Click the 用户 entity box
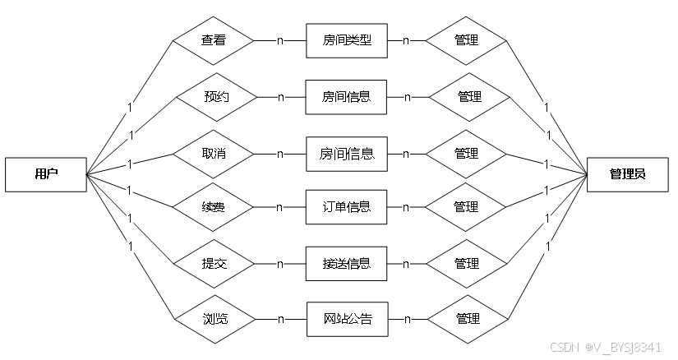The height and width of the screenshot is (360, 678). [x=46, y=173]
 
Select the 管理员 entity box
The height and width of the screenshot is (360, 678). [x=627, y=173]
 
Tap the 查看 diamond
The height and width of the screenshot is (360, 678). [x=214, y=39]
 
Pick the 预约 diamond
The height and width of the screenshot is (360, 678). [x=216, y=96]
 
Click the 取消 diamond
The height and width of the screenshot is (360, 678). [x=214, y=154]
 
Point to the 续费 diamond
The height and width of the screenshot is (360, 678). [x=214, y=206]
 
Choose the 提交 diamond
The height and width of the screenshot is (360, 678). [x=214, y=264]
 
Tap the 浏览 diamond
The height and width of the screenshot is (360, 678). [x=214, y=318]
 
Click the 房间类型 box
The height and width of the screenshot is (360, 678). [x=346, y=39]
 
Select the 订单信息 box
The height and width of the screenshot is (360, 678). [x=346, y=206]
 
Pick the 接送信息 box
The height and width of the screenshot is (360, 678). [x=346, y=264]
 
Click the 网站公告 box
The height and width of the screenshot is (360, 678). [x=346, y=318]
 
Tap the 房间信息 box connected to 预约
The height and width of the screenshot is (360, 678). [x=346, y=96]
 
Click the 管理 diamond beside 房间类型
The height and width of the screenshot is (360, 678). [x=466, y=39]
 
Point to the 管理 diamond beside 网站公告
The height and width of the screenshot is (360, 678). [x=466, y=318]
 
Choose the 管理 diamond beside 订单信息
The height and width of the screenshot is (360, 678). [x=466, y=206]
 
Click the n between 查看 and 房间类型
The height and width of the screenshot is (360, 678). [x=280, y=39]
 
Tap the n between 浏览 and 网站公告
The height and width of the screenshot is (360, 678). [x=280, y=318]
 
